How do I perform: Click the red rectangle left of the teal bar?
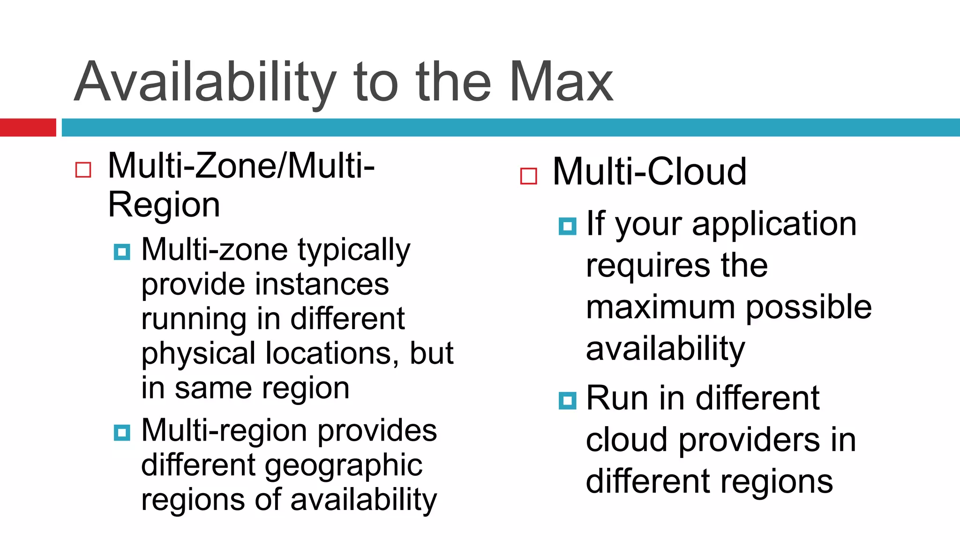tap(28, 127)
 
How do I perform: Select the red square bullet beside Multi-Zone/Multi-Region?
tap(83, 170)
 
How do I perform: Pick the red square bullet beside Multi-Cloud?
tap(528, 176)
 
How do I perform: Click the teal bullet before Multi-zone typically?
tap(122, 252)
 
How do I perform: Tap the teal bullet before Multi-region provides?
tap(122, 432)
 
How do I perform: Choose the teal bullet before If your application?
tap(567, 226)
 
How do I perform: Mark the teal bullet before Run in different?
tap(567, 401)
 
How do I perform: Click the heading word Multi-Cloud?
tap(649, 172)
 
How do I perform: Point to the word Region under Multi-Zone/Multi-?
tap(164, 205)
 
